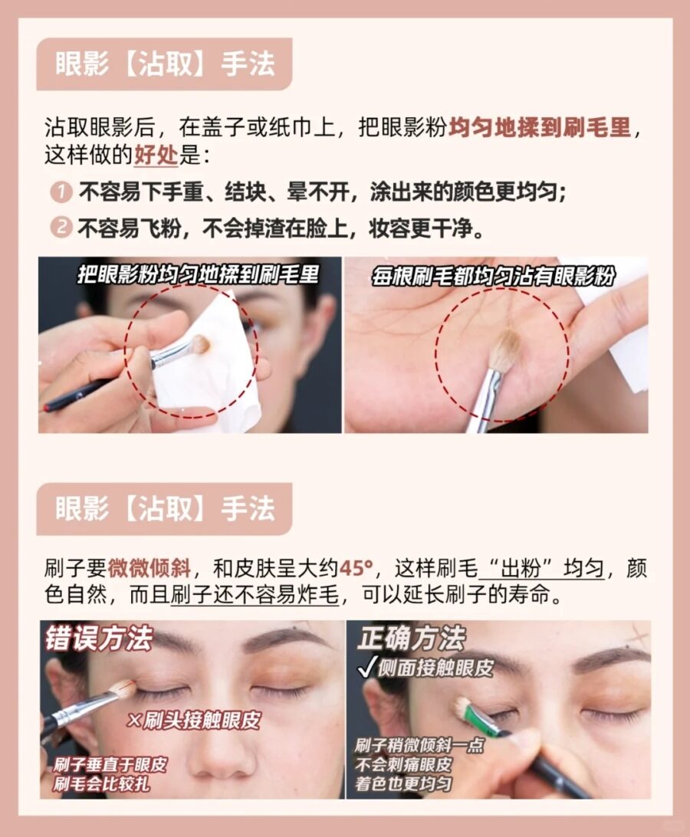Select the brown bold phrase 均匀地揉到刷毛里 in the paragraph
540,127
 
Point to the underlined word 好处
156,155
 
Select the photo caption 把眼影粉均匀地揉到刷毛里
198,274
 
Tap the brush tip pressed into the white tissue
199,344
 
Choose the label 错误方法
99,638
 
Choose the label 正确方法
410,638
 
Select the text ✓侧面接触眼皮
424,667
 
